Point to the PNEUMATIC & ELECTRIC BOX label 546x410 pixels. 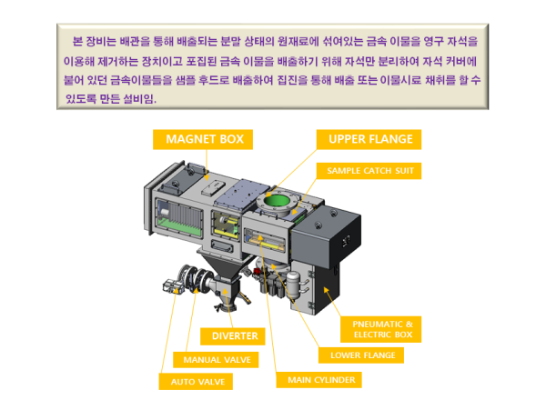[382, 328]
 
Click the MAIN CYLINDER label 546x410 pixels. [321, 379]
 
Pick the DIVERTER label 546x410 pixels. [235, 335]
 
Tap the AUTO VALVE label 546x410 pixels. [196, 382]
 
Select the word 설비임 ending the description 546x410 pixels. [136, 98]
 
